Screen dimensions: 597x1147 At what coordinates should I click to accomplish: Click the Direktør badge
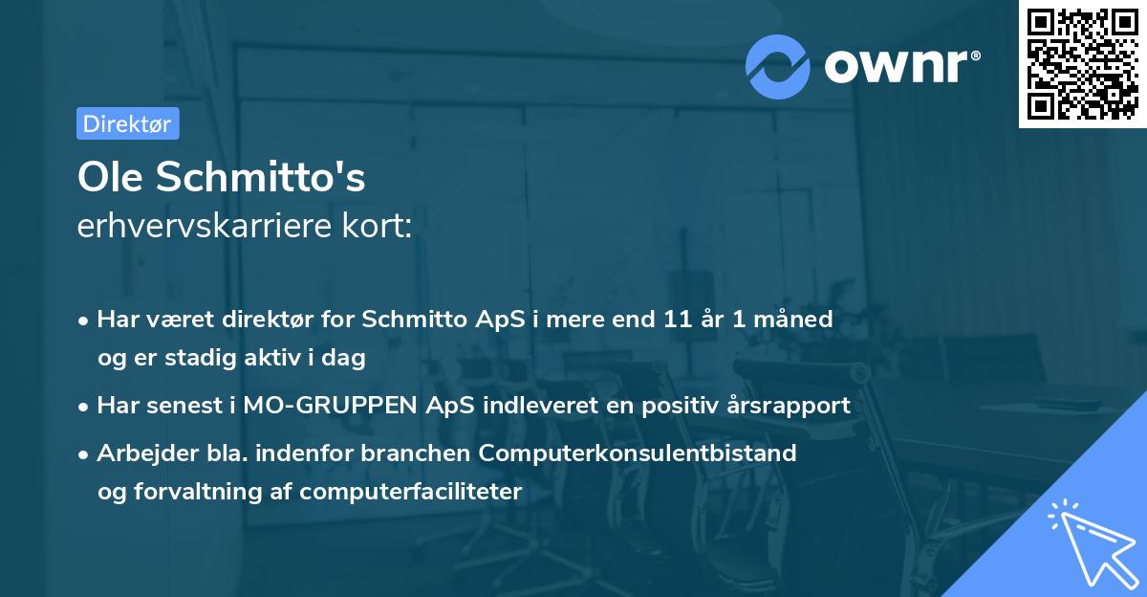click(x=127, y=123)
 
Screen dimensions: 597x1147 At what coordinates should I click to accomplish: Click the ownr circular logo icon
click(x=779, y=66)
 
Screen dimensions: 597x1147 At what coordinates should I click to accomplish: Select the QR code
click(x=1080, y=64)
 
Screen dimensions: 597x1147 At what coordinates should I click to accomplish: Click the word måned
click(x=797, y=319)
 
